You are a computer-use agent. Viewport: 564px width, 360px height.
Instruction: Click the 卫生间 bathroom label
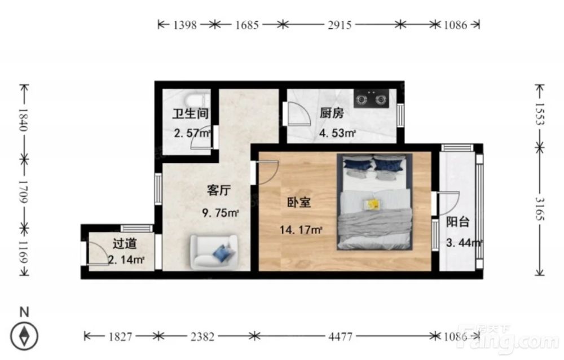point(190,113)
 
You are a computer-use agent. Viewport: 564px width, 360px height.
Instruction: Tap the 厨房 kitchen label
point(332,113)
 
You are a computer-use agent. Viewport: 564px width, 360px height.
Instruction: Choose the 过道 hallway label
point(125,244)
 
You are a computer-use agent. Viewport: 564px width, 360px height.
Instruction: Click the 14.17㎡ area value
point(301,230)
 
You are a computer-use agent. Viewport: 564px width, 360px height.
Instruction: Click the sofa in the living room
point(214,252)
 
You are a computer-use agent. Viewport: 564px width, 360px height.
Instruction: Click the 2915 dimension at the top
point(340,25)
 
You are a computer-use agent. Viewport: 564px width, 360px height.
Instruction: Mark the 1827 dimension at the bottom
point(120,337)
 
